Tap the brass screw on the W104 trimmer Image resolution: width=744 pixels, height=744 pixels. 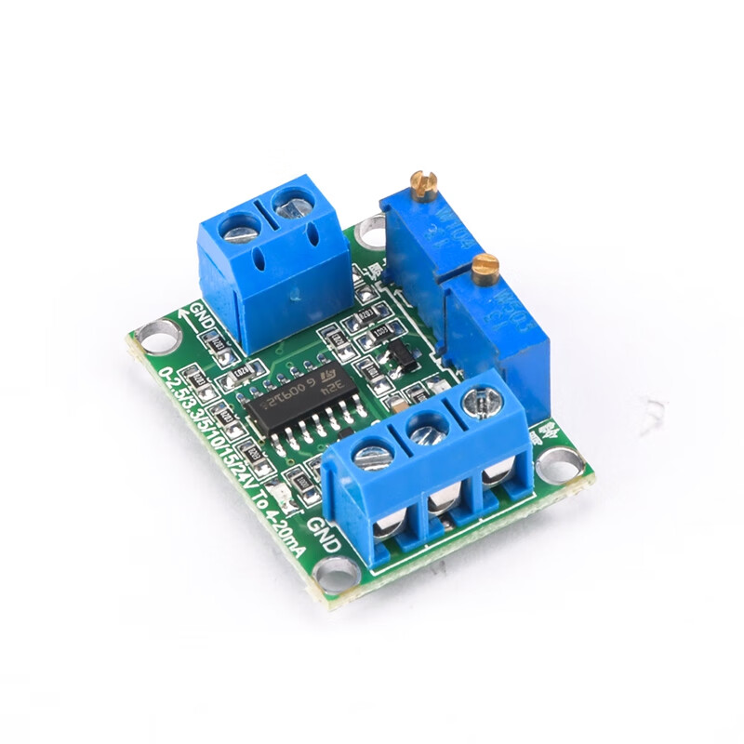click(x=424, y=185)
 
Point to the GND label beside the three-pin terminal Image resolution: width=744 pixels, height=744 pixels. click(x=323, y=538)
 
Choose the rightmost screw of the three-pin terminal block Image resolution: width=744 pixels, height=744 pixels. click(x=479, y=402)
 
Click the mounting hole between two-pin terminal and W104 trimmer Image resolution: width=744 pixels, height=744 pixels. click(x=372, y=227)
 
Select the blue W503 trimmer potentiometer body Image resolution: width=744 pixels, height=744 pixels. click(x=498, y=335)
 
